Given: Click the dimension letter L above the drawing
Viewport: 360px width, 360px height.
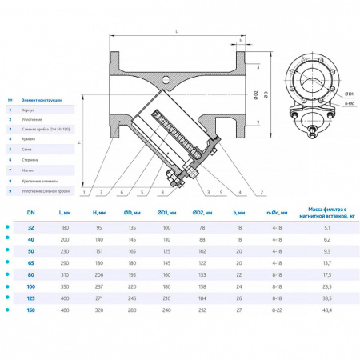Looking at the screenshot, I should pyautogui.click(x=174, y=31).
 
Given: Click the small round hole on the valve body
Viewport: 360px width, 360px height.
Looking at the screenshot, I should pyautogui.click(x=167, y=80).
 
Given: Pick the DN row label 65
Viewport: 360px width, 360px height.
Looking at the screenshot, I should pyautogui.click(x=30, y=262).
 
